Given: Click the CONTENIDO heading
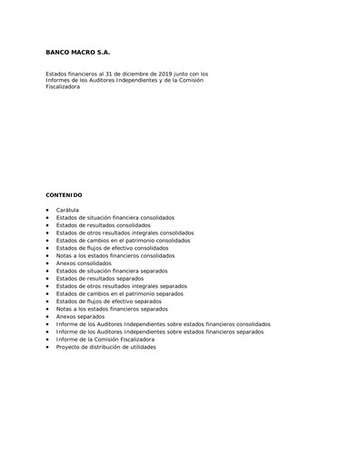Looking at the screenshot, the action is [x=64, y=194].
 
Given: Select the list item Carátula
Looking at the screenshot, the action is [x=67, y=210].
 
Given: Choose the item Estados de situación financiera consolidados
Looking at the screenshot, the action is [x=115, y=218].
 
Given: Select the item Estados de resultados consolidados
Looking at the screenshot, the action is [x=103, y=225].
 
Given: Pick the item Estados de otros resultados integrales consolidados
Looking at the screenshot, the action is [x=125, y=232].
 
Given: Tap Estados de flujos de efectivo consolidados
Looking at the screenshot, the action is [x=112, y=248].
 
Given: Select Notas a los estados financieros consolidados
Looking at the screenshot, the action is [x=115, y=255].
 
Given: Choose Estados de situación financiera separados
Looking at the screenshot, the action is [x=111, y=271].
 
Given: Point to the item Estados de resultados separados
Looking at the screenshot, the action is [x=99, y=278].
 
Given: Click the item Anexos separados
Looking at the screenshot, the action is [x=80, y=316].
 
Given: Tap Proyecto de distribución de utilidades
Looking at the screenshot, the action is [x=105, y=346].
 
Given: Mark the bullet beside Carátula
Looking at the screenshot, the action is [x=47, y=211].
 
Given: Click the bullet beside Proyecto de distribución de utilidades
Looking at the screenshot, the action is [x=47, y=347].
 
